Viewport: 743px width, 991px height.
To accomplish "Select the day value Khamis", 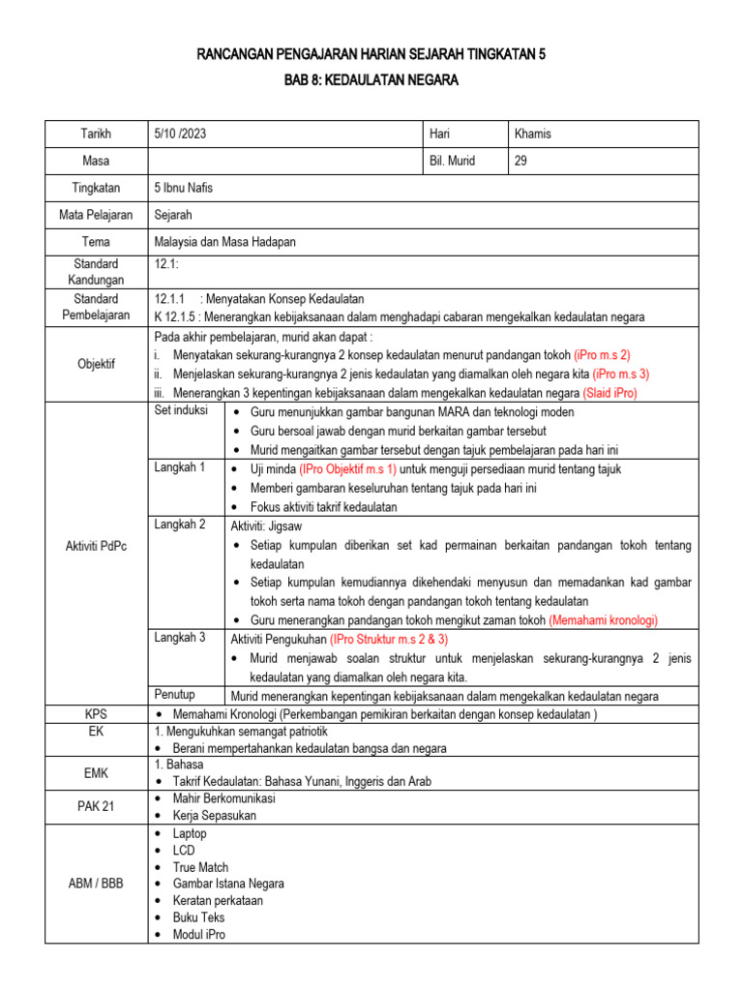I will [x=533, y=134].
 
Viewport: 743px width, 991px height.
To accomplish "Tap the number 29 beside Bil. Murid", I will [x=520, y=161].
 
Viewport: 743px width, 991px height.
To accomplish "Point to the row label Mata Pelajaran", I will [x=96, y=215].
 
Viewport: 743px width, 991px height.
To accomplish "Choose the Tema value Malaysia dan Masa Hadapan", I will [x=224, y=242].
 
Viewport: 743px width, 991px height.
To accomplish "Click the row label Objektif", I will [x=96, y=363].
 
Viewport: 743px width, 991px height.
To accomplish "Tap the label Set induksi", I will [x=182, y=411].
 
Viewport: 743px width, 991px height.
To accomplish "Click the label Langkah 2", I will [x=180, y=524].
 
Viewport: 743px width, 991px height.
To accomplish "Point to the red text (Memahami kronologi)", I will [x=604, y=619].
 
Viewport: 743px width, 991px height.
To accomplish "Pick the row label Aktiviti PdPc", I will [x=96, y=546].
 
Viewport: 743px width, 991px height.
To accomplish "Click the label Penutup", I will [x=175, y=694].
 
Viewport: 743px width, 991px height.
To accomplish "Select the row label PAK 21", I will [x=96, y=806].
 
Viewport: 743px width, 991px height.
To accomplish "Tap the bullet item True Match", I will [x=200, y=867].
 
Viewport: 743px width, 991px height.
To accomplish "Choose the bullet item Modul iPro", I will [x=198, y=934].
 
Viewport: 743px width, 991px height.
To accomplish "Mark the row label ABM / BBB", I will [x=96, y=884].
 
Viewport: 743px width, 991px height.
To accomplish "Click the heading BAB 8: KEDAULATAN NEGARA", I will [x=371, y=80].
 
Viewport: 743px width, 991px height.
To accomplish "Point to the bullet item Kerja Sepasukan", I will [x=215, y=815].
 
